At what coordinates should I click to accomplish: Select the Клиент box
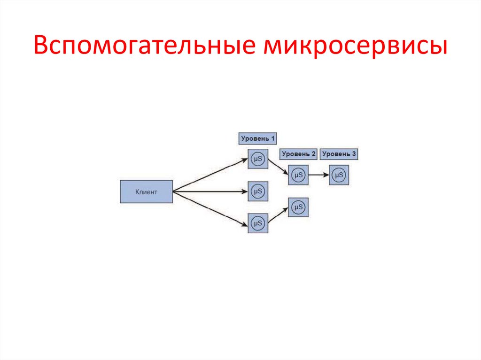(146, 191)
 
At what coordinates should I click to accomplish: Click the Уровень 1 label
(257, 138)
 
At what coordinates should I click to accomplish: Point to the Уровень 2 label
(298, 153)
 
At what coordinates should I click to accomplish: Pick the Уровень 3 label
(339, 153)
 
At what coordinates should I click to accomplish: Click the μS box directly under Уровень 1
(257, 159)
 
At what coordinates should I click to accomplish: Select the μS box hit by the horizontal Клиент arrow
(257, 191)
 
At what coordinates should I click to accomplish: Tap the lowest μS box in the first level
(257, 223)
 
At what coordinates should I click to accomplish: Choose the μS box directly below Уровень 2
(298, 175)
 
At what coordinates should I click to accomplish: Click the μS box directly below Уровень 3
(339, 175)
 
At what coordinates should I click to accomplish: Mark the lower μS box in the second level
(298, 207)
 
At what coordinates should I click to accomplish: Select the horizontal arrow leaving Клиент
(210, 191)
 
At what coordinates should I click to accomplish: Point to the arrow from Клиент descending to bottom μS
(210, 208)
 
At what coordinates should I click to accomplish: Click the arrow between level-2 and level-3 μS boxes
(318, 175)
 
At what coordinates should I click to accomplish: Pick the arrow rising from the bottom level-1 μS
(278, 215)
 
